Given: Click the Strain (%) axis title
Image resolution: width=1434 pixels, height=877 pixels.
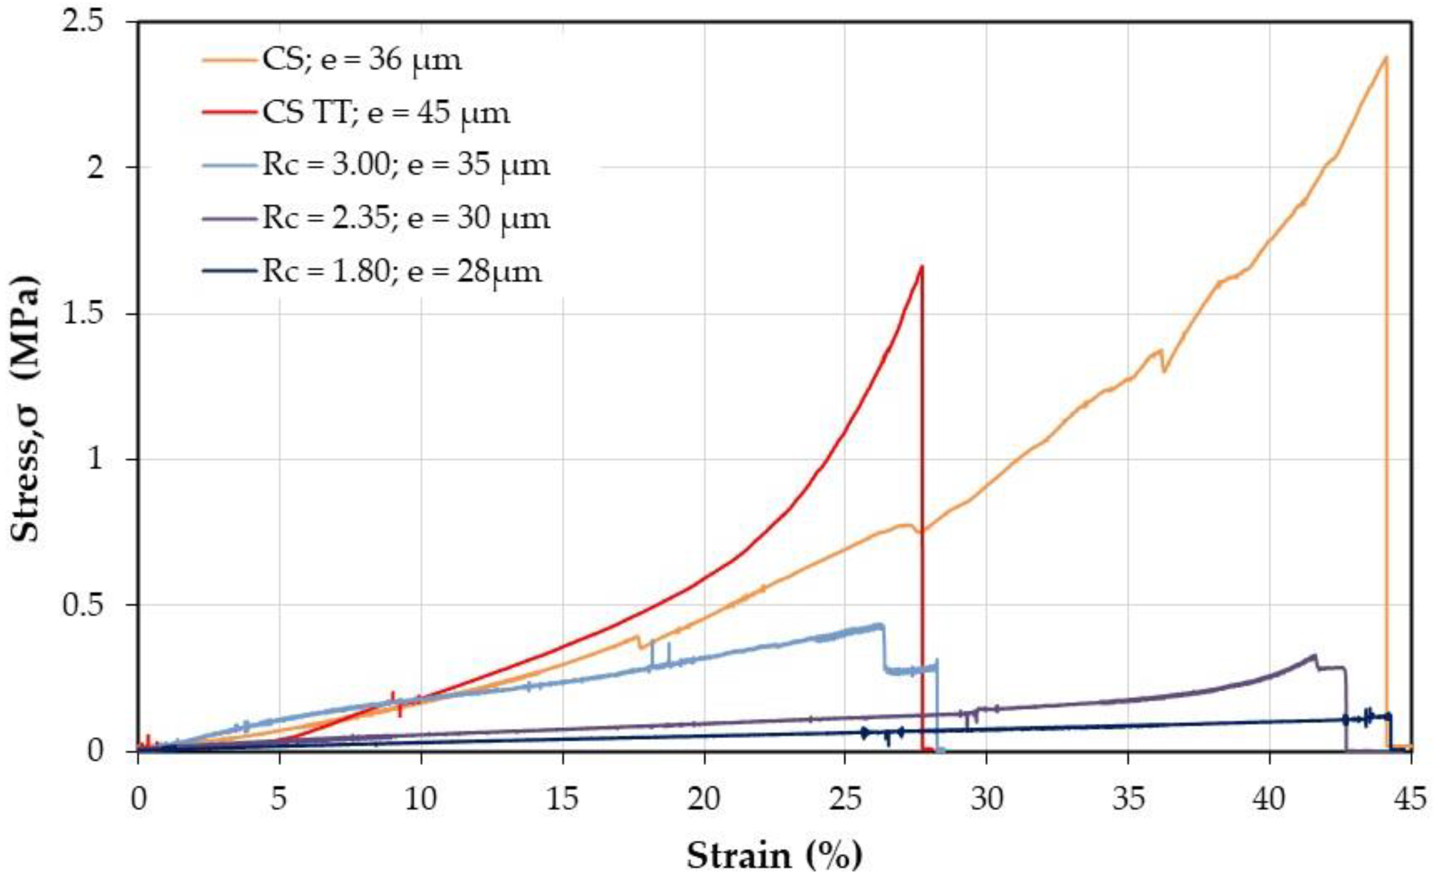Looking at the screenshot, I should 774,856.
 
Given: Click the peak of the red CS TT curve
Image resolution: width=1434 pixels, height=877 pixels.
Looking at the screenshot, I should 921,266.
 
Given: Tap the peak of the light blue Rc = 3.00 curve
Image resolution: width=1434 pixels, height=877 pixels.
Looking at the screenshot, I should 879,625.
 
